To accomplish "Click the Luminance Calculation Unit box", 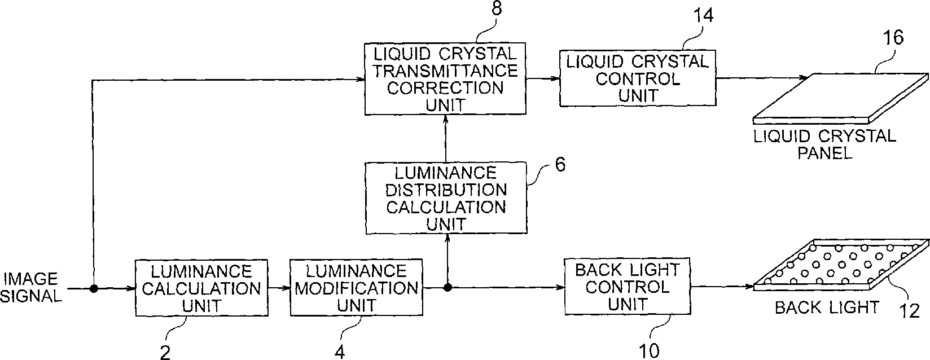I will pyautogui.click(x=201, y=288).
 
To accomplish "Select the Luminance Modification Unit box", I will pyautogui.click(x=356, y=288).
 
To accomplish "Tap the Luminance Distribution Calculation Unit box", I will pyautogui.click(x=446, y=197).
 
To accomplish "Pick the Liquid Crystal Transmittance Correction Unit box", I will pyautogui.click(x=446, y=79).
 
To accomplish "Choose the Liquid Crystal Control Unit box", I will pyautogui.click(x=637, y=78).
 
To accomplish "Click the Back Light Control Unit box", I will pyautogui.click(x=628, y=287).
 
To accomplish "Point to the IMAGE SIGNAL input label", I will pyautogui.click(x=31, y=288).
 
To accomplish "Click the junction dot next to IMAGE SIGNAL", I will pyautogui.click(x=94, y=288).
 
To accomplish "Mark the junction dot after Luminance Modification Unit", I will pyautogui.click(x=448, y=288).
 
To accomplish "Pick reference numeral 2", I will pyautogui.click(x=165, y=352).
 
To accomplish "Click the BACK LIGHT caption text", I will pyautogui.click(x=826, y=307).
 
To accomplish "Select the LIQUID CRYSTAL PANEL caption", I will pyautogui.click(x=825, y=144).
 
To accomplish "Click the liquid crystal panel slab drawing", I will pyautogui.click(x=841, y=97).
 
